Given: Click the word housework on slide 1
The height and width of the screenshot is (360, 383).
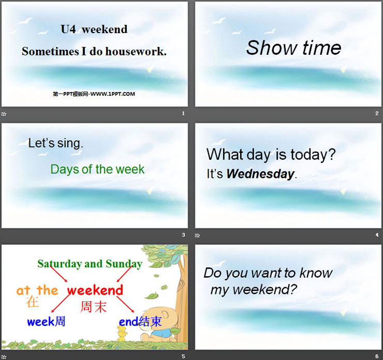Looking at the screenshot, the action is [136, 52].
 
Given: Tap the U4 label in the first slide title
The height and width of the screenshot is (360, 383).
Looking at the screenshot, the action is [68, 29].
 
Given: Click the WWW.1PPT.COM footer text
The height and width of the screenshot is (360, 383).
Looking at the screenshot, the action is [113, 94].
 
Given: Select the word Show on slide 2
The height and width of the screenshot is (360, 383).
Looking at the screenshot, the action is [271, 48].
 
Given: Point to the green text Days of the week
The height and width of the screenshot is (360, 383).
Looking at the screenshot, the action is [97, 169].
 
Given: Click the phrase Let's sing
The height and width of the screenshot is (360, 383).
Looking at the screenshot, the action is [56, 143].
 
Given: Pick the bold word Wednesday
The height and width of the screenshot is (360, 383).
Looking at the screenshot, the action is [260, 174].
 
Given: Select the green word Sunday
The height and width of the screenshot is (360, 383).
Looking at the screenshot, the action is [124, 264].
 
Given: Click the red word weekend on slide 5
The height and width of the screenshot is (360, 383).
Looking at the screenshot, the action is [95, 290].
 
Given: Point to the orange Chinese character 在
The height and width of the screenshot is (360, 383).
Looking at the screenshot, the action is [33, 302].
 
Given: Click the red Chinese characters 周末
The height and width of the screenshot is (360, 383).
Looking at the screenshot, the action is [93, 307].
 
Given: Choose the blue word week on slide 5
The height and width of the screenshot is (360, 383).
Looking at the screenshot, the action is [40, 322].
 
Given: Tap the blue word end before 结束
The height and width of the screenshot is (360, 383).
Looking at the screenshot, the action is [128, 322].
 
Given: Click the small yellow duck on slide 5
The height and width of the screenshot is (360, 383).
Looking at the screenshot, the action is [121, 334].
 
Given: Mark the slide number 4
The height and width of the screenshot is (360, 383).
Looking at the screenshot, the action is [377, 235].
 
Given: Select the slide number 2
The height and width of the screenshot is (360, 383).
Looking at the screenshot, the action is [377, 113].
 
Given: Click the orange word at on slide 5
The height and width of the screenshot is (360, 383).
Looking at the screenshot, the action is [23, 291].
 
